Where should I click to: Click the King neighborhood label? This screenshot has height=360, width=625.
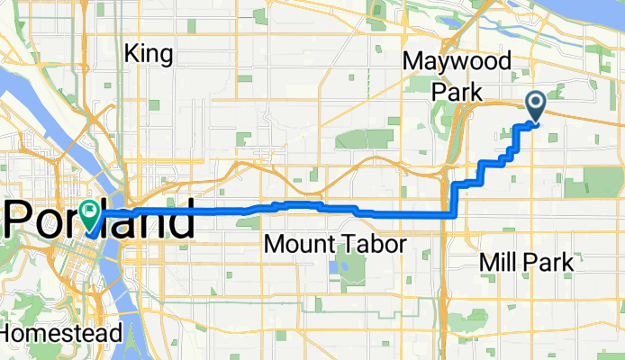coord(149,54)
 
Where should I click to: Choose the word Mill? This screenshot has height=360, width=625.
coord(499,262)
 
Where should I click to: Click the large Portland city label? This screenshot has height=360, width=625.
coord(99,220)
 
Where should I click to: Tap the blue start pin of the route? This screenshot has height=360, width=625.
coord(535,106)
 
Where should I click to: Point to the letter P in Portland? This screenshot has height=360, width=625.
coord(20,220)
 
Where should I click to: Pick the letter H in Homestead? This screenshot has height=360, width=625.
coord(7,333)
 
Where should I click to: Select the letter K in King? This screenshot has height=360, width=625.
coord(132,54)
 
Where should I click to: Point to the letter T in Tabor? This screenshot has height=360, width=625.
coord(349,244)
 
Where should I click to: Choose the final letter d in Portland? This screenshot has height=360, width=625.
coord(180,220)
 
